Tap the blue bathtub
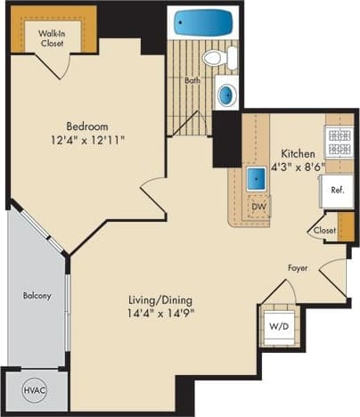(x=203, y=23)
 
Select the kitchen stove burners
(x=340, y=136)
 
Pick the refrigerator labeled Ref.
(x=338, y=190)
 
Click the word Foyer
(x=298, y=267)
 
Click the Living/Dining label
(x=160, y=299)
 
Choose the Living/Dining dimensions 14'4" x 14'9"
(x=160, y=313)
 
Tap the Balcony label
(x=37, y=296)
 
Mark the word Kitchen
(x=298, y=153)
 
